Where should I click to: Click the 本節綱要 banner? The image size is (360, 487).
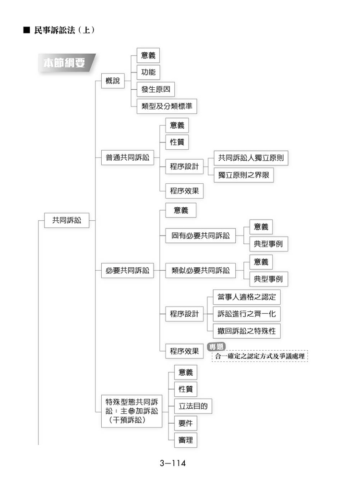pyautogui.click(x=66, y=63)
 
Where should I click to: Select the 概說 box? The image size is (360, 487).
pyautogui.click(x=113, y=81)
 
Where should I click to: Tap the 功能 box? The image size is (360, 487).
pyautogui.click(x=148, y=72)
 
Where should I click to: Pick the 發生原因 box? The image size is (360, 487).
pyautogui.click(x=156, y=89)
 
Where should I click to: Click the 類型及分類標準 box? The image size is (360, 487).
pyautogui.click(x=167, y=106)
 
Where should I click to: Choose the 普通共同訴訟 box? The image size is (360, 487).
pyautogui.click(x=127, y=157)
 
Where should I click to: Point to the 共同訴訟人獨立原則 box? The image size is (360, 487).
pyautogui.click(x=251, y=158)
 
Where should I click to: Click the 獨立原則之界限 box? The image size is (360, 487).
pyautogui.click(x=243, y=175)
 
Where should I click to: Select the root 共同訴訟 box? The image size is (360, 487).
pyautogui.click(x=66, y=220)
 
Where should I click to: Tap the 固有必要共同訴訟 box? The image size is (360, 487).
pyautogui.click(x=200, y=236)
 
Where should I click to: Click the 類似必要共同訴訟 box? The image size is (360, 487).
pyautogui.click(x=200, y=270)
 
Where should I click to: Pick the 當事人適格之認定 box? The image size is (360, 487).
pyautogui.click(x=247, y=297)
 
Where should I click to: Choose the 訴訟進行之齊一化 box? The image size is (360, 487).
pyautogui.click(x=247, y=314)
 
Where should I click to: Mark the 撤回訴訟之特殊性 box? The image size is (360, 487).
pyautogui.click(x=247, y=331)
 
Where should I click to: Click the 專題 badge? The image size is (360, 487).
pyautogui.click(x=216, y=346)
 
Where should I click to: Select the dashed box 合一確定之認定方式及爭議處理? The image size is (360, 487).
pyautogui.click(x=260, y=356)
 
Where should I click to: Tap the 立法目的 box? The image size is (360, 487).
pyautogui.click(x=193, y=406)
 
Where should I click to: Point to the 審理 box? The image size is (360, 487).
pyautogui.click(x=185, y=440)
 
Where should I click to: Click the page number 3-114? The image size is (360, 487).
pyautogui.click(x=173, y=463)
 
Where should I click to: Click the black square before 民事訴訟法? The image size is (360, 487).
pyautogui.click(x=27, y=30)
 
